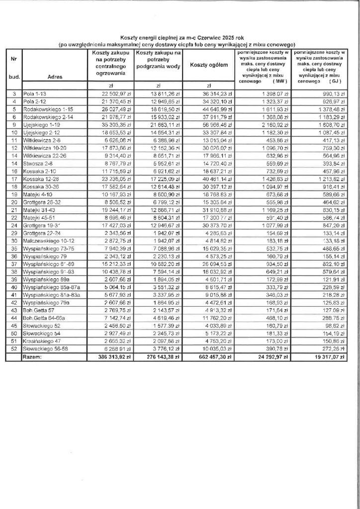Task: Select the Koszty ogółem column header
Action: [208, 66]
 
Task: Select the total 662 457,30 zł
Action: [210, 357]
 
